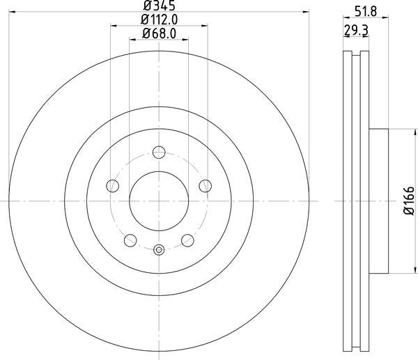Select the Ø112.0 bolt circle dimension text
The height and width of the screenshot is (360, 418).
pos(158,20)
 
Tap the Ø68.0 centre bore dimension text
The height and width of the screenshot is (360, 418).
pos(158,33)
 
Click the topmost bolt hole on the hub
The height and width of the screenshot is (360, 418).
pos(159,152)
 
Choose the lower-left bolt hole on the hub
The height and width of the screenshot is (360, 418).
pos(130,240)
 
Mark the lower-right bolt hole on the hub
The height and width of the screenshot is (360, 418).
pos(187,240)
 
